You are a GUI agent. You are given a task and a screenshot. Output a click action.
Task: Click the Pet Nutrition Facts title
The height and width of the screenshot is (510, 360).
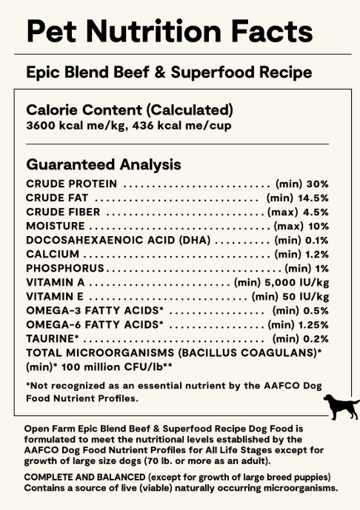169,31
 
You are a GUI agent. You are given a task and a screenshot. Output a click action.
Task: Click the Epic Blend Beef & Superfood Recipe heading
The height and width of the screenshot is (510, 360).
168,73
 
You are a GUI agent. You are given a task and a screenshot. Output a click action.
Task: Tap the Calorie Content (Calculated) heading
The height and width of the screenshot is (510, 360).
130,110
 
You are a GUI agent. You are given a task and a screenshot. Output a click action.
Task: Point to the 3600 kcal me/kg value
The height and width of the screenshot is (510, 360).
67,126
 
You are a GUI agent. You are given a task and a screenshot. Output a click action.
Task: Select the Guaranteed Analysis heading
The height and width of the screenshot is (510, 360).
103,164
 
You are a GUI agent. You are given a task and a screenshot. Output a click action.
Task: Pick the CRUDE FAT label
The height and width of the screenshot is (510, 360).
58,198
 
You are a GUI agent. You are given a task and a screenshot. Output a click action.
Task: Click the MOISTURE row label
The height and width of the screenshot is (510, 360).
55,226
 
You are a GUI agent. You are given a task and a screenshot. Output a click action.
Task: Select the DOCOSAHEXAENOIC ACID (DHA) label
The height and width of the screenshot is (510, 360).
119,240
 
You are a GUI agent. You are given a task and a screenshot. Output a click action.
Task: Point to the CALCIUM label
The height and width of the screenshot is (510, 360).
52,254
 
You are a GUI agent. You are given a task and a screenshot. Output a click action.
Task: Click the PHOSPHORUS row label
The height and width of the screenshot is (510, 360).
65,268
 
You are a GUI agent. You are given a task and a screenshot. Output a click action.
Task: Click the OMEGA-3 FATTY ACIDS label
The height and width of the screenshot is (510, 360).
94,310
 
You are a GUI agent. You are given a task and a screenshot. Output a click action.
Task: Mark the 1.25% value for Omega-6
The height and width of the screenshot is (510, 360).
313,324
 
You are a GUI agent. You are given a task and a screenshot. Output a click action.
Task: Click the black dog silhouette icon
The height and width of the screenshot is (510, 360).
340,406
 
